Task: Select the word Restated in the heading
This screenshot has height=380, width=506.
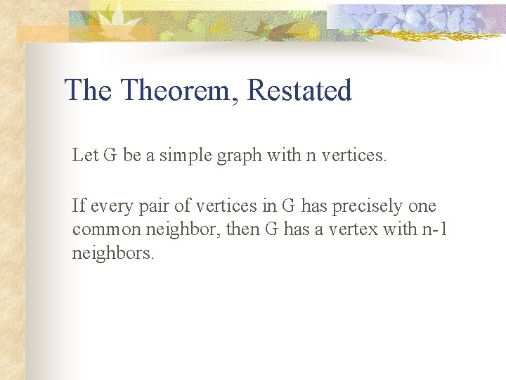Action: tap(300, 91)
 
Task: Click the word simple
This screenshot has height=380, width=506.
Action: tap(181, 156)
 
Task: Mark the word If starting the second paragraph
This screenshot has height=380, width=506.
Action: tap(78, 206)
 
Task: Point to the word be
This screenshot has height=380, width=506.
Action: tap(132, 156)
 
